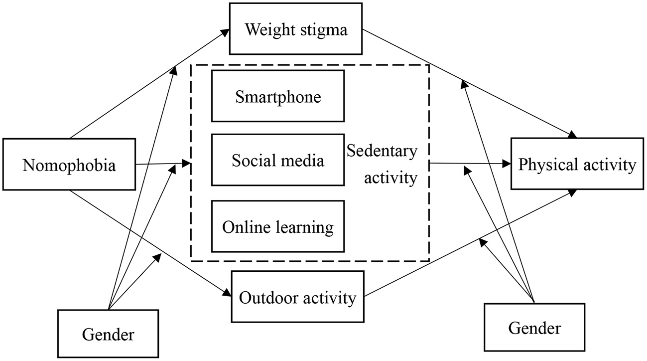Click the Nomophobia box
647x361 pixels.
click(x=69, y=165)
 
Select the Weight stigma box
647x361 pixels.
click(x=295, y=29)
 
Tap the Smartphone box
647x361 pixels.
click(x=278, y=96)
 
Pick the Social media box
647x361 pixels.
click(x=278, y=160)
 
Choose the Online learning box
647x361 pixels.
click(x=278, y=227)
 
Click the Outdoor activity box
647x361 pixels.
click(x=298, y=298)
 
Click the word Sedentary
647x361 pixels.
click(x=382, y=150)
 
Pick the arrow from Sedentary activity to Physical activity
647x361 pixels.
click(x=468, y=163)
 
